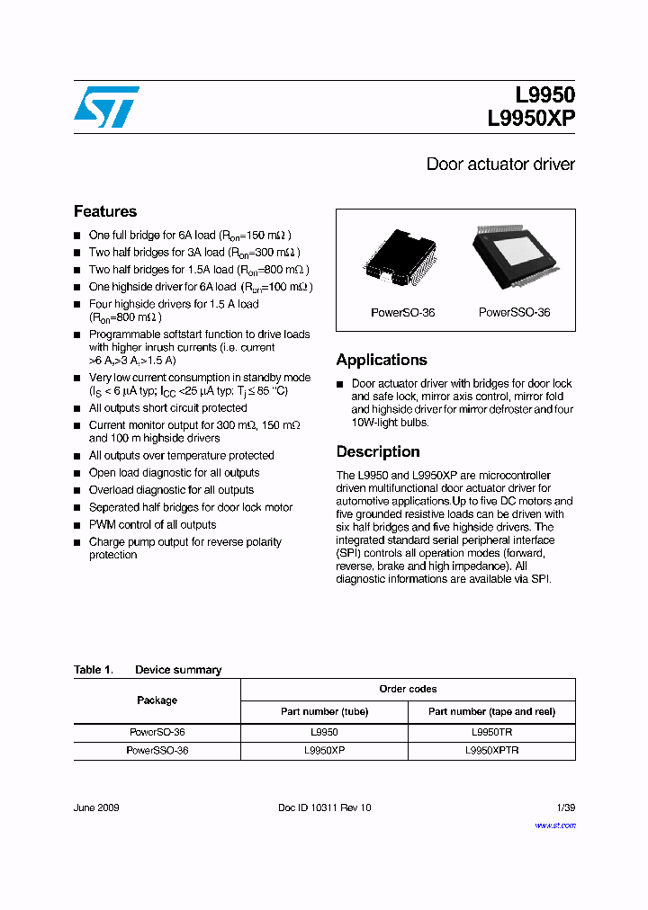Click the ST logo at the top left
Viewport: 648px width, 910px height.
(106, 107)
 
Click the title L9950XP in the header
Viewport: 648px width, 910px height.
(531, 119)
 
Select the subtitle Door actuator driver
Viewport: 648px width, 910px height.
(499, 165)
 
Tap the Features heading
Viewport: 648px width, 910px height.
(105, 211)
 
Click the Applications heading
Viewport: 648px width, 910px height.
(382, 360)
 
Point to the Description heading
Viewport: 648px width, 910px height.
(378, 451)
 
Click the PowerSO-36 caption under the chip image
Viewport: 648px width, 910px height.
(402, 313)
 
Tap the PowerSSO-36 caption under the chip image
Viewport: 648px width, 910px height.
(514, 313)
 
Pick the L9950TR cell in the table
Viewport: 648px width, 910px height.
(491, 733)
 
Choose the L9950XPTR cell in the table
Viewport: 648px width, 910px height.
(491, 750)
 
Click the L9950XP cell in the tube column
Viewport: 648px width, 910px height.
(324, 750)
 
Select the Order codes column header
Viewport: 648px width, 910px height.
(408, 689)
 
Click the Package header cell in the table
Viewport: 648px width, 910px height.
(157, 700)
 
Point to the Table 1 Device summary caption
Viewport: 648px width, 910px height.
(148, 670)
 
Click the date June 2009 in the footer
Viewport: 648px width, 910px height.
(96, 807)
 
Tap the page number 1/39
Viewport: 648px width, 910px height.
(564, 807)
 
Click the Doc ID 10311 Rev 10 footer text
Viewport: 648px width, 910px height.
(324, 807)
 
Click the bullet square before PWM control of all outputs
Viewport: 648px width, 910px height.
(77, 525)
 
